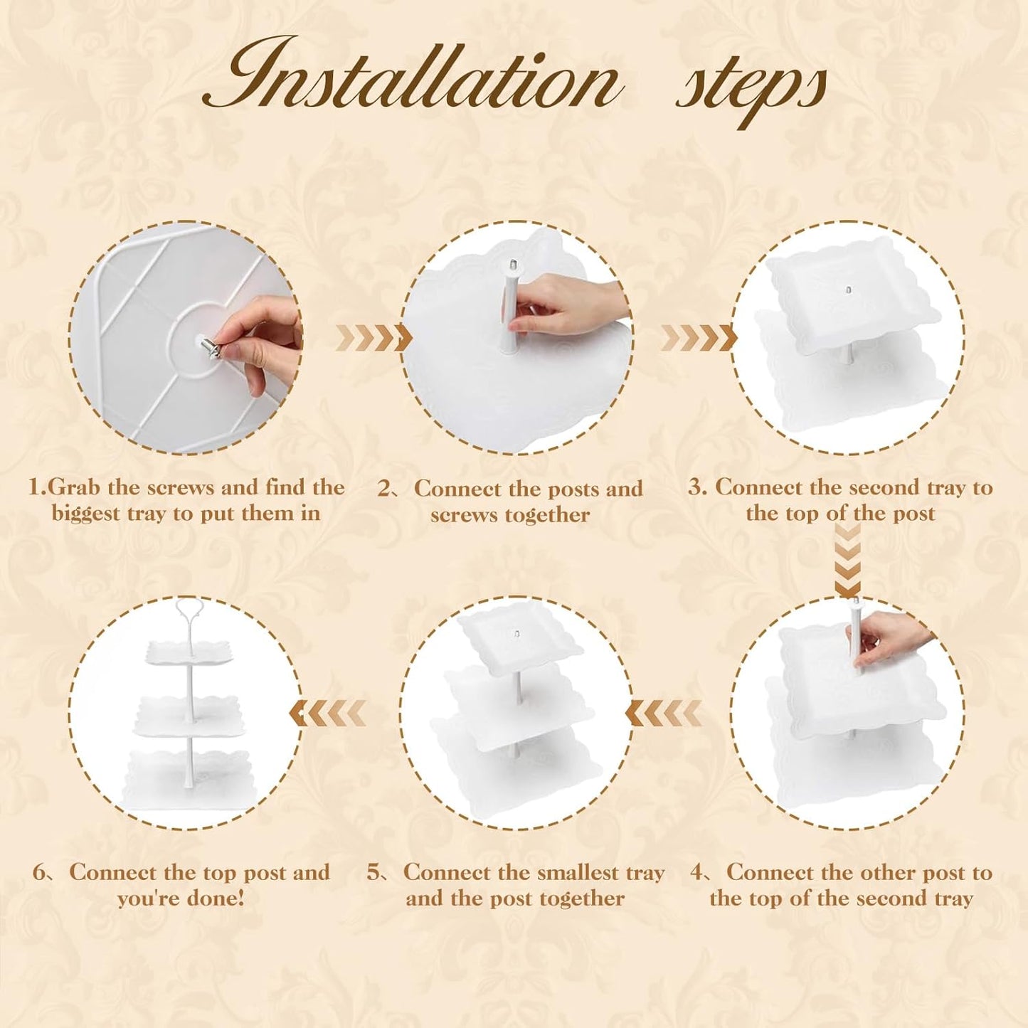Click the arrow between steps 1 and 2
tap(374, 338)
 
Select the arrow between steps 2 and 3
tap(699, 338)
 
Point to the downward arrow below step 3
tap(847, 560)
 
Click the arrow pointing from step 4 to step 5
tap(664, 713)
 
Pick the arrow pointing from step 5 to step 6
tap(327, 713)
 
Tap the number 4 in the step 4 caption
tap(696, 874)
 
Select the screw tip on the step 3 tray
tap(848, 290)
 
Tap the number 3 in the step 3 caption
tap(694, 487)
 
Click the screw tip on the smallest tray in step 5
tap(516, 634)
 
